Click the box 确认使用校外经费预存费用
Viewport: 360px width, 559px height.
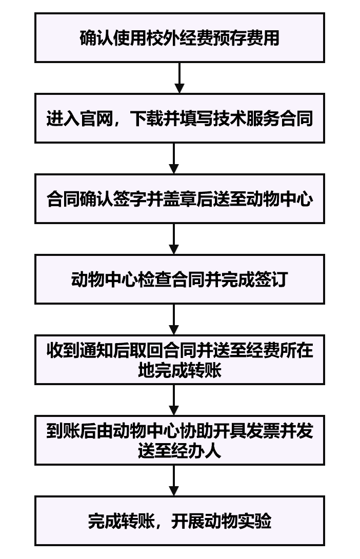click(x=179, y=38)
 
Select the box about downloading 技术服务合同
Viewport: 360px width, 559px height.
click(x=179, y=118)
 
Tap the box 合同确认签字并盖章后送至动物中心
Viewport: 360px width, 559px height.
click(x=179, y=198)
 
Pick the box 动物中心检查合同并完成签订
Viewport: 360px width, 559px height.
click(x=179, y=279)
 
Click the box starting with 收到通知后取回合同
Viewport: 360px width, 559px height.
click(x=179, y=360)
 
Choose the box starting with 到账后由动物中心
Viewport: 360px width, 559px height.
click(x=179, y=440)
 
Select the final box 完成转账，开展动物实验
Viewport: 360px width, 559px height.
click(x=179, y=521)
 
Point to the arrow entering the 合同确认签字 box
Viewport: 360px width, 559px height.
click(x=174, y=158)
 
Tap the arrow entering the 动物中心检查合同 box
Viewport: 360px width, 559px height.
click(x=174, y=239)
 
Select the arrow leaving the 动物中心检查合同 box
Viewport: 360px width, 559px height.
click(x=174, y=320)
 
